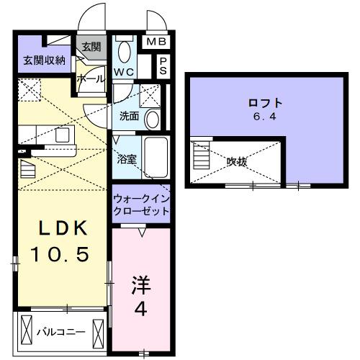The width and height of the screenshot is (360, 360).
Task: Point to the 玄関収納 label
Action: click(x=42, y=59)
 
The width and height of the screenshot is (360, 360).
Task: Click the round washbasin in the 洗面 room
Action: click(x=152, y=119)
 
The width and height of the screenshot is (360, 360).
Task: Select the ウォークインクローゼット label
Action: click(x=141, y=204)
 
